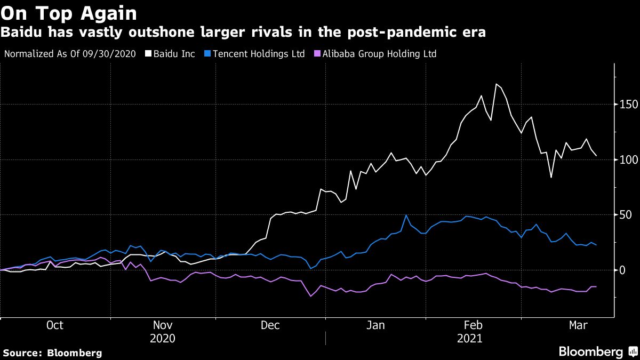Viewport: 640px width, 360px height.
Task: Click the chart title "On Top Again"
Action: tap(69, 13)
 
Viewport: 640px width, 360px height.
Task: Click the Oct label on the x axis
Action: tap(55, 325)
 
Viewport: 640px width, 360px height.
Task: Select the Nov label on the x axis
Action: tap(163, 325)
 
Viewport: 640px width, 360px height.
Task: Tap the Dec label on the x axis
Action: tap(270, 325)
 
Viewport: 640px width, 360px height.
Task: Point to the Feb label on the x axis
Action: tap(474, 325)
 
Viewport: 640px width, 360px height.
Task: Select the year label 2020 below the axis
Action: tap(163, 338)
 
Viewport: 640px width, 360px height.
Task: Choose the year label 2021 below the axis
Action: tap(469, 338)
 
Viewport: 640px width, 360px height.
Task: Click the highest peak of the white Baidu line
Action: tap(497, 84)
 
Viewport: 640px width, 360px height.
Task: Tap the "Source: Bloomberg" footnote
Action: tap(52, 353)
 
